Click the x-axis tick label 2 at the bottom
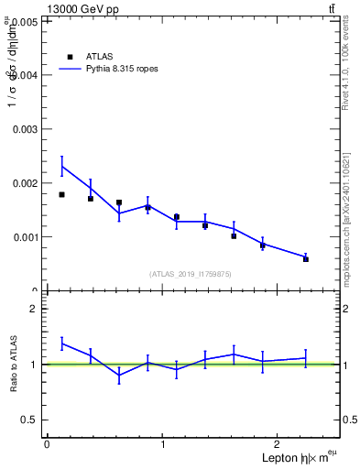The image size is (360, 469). pos(279,444)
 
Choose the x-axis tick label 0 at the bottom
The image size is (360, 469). pos(47,444)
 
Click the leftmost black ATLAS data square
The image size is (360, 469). pos(61,194)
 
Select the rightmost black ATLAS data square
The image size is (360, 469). pos(306,259)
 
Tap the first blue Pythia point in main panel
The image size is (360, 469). pos(61,166)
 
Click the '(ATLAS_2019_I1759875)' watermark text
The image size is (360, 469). pos(191,273)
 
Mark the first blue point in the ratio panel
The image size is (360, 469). pos(61,344)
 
